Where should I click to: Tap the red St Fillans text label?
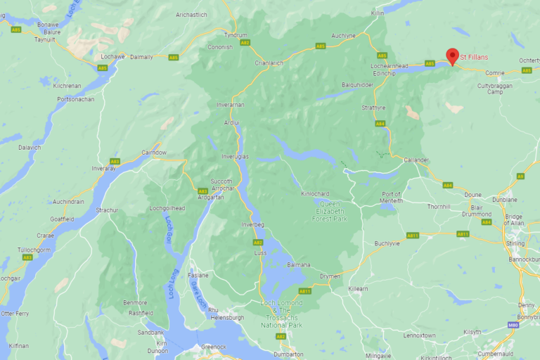(x=474, y=56)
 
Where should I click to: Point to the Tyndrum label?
(x=235, y=34)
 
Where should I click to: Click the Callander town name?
(x=416, y=160)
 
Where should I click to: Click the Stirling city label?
(x=515, y=243)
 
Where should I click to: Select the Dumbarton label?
(x=288, y=354)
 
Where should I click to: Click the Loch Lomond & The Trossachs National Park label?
(x=281, y=314)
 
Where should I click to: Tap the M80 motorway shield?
(x=515, y=325)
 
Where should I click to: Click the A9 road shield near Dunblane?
(x=520, y=176)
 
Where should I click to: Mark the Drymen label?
(x=329, y=276)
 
